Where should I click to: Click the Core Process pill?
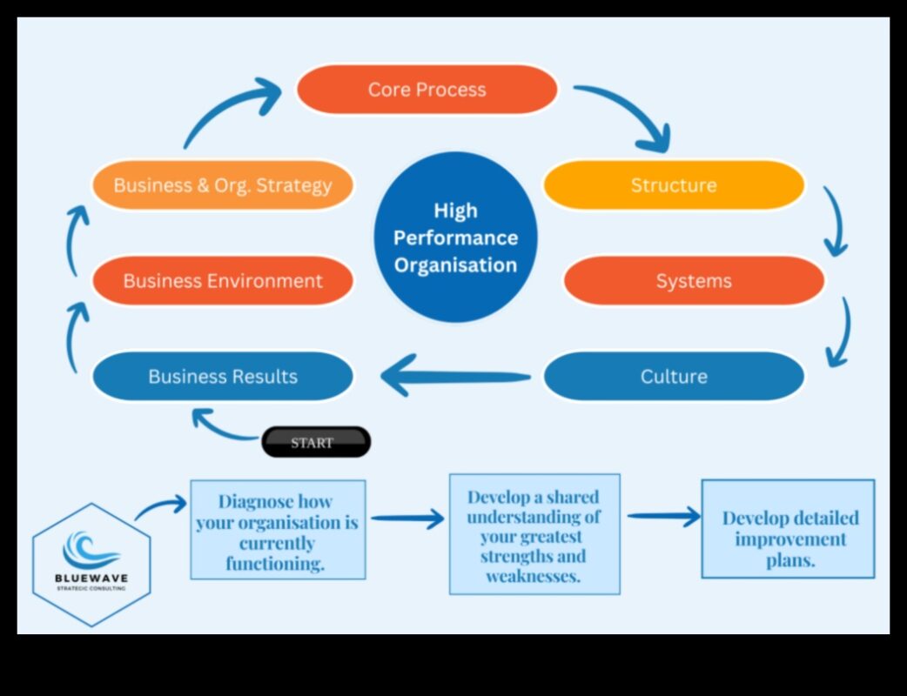[427, 90]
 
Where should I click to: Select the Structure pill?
[674, 185]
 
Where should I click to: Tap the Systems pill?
[694, 281]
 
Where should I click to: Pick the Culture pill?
[674, 377]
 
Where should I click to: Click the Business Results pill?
[223, 377]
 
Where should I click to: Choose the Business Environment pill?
[223, 281]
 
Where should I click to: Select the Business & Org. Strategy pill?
[223, 185]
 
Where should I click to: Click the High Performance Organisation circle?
[455, 238]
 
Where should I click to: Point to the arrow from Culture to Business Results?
[453, 377]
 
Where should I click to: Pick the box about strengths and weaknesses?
[534, 534]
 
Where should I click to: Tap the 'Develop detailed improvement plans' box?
[788, 528]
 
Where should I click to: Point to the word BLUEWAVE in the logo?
[91, 579]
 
